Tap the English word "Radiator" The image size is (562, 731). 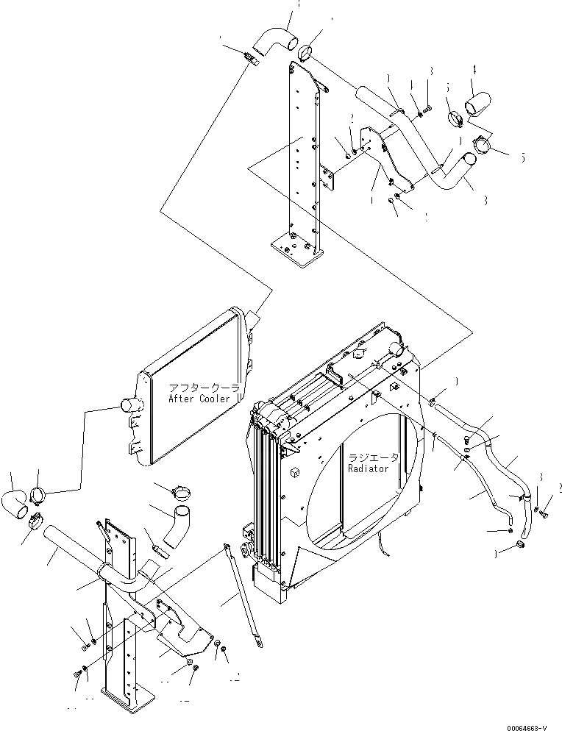pyautogui.click(x=373, y=467)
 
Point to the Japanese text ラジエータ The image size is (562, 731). pyautogui.click(x=374, y=457)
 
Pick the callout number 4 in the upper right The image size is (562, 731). pyautogui.click(x=474, y=71)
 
